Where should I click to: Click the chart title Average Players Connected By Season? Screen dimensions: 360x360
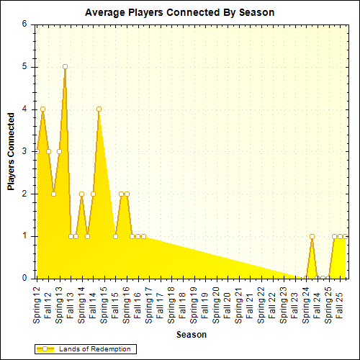[x=179, y=12]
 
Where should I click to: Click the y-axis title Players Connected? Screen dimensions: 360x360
[x=12, y=150]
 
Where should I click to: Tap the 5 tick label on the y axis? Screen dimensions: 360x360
[x=24, y=66]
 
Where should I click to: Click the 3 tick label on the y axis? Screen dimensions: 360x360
[x=24, y=151]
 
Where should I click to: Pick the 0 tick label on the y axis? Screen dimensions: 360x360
[x=24, y=278]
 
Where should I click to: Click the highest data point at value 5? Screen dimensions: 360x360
[x=65, y=66]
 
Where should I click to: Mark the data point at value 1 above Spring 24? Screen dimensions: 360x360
[x=312, y=236]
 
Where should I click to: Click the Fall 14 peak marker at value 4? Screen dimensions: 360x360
[x=99, y=109]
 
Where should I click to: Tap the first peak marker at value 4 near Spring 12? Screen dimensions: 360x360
[x=43, y=109]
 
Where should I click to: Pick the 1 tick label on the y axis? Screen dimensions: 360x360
[x=24, y=236]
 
